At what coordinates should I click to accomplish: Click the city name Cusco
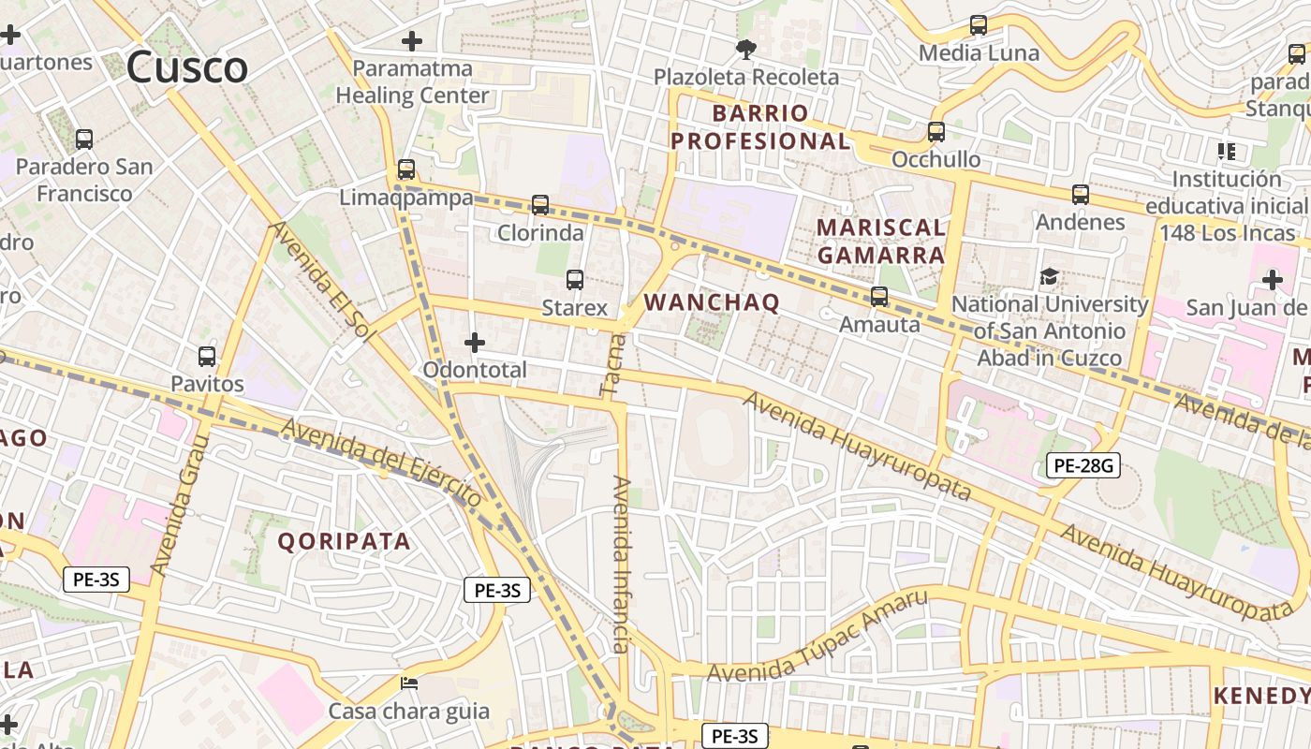[x=187, y=67]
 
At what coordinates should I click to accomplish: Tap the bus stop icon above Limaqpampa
[x=406, y=169]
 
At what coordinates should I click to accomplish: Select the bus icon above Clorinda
[x=540, y=204]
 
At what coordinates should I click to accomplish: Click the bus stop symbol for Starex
[x=575, y=279]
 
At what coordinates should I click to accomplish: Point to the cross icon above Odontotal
[x=475, y=343]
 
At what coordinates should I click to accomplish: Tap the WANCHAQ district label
[x=713, y=302]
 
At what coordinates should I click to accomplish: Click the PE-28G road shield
[x=1083, y=465]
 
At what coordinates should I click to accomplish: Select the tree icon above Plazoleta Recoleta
[x=745, y=49]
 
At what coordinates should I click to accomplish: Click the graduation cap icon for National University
[x=1049, y=276]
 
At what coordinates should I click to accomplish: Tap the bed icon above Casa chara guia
[x=408, y=683]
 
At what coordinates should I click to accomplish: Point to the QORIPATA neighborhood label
[x=344, y=541]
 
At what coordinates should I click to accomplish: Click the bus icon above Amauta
[x=879, y=297]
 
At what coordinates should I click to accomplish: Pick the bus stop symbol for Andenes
[x=1081, y=195]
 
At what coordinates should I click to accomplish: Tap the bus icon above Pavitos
[x=207, y=357]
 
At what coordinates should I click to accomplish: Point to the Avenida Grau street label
[x=178, y=506]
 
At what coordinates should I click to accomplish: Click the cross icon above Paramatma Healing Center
[x=411, y=41]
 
